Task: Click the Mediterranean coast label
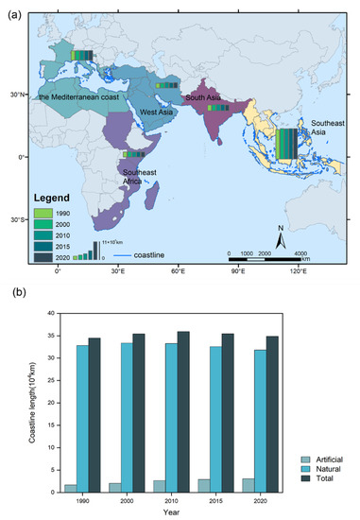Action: point(82,95)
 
